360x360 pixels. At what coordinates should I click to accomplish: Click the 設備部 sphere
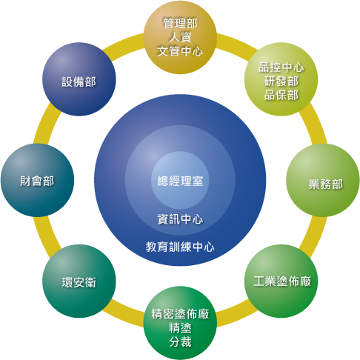(x=79, y=79)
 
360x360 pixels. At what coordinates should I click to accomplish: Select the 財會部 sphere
(x=37, y=180)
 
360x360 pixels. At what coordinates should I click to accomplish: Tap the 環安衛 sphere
(x=79, y=281)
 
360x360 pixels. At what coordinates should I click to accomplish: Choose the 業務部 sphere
(x=323, y=180)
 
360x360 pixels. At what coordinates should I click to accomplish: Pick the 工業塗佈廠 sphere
(x=281, y=281)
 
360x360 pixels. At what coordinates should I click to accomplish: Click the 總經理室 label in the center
(x=180, y=181)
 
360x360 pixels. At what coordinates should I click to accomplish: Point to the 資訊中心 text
(x=180, y=219)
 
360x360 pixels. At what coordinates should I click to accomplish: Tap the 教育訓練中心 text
(x=180, y=247)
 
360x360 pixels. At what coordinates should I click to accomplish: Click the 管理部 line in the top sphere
(x=180, y=24)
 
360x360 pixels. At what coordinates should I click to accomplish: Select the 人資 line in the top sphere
(x=180, y=37)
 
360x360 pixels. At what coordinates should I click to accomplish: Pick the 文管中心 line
(x=180, y=51)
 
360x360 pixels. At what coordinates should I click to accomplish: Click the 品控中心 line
(x=281, y=67)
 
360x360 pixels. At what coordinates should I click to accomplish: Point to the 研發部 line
(x=281, y=81)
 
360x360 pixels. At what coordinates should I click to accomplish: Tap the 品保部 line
(x=281, y=95)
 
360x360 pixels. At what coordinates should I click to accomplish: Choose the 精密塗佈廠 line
(x=180, y=314)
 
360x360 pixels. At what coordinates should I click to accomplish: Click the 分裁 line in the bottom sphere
(x=180, y=342)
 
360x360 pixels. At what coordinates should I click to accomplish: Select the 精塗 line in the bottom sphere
(x=180, y=328)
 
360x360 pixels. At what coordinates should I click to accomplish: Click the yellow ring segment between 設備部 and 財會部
(x=47, y=124)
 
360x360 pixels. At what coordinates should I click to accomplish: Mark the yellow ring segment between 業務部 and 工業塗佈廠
(x=313, y=236)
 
